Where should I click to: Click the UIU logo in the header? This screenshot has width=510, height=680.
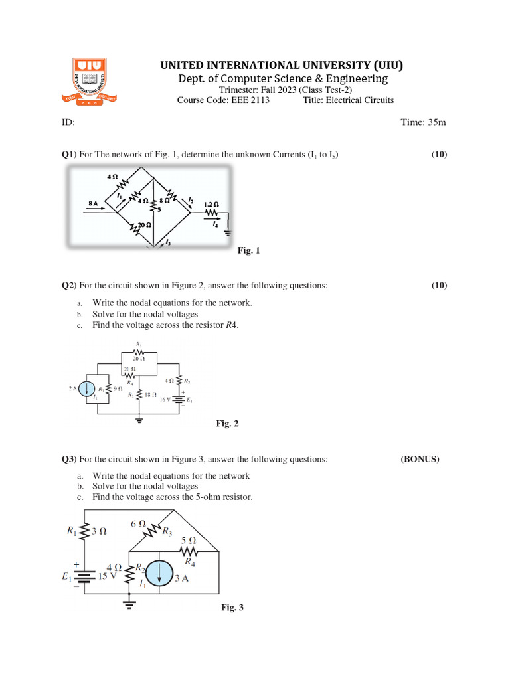tap(95, 82)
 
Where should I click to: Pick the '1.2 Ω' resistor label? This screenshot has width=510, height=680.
tap(212, 205)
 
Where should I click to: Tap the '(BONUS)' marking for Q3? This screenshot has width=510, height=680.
tap(420, 459)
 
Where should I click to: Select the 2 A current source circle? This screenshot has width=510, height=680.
tap(87, 389)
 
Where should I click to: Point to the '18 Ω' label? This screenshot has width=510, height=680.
tap(149, 394)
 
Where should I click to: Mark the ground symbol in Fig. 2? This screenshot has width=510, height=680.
tap(140, 420)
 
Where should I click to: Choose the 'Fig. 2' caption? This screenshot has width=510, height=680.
tap(227, 424)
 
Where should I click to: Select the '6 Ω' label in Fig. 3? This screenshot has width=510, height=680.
tap(138, 523)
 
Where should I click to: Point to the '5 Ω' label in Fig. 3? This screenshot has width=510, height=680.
tap(188, 541)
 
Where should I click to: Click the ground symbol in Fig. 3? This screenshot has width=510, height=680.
tap(129, 604)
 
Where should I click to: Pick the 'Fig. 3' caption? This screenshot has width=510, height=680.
tap(232, 608)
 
